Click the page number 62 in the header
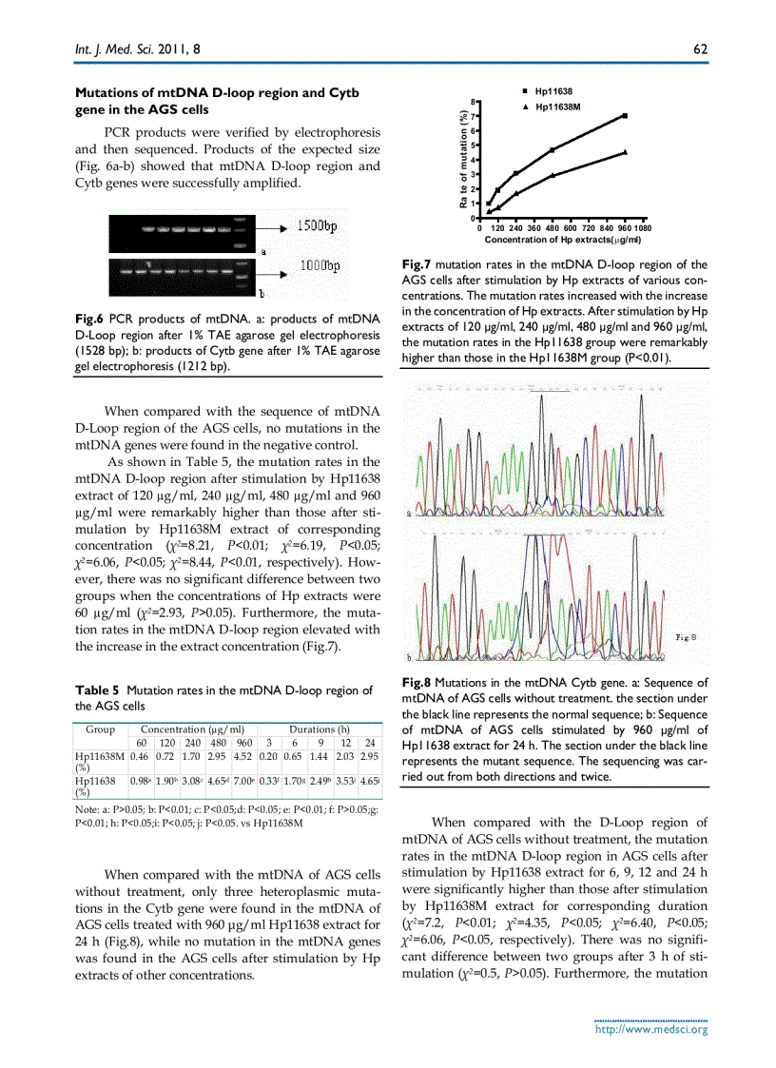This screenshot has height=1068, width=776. coord(700,49)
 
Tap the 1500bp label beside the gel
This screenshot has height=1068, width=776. coord(322,225)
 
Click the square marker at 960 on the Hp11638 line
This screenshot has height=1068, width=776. coord(625,115)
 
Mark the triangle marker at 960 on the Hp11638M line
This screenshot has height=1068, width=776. coord(625,151)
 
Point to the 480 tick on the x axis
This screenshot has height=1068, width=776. coord(552,229)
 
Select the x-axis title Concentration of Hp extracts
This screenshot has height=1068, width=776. coord(563,240)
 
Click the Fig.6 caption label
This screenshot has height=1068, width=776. coord(90,316)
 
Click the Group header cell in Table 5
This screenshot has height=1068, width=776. coord(101,728)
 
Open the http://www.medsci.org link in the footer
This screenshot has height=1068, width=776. coord(650,1029)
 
